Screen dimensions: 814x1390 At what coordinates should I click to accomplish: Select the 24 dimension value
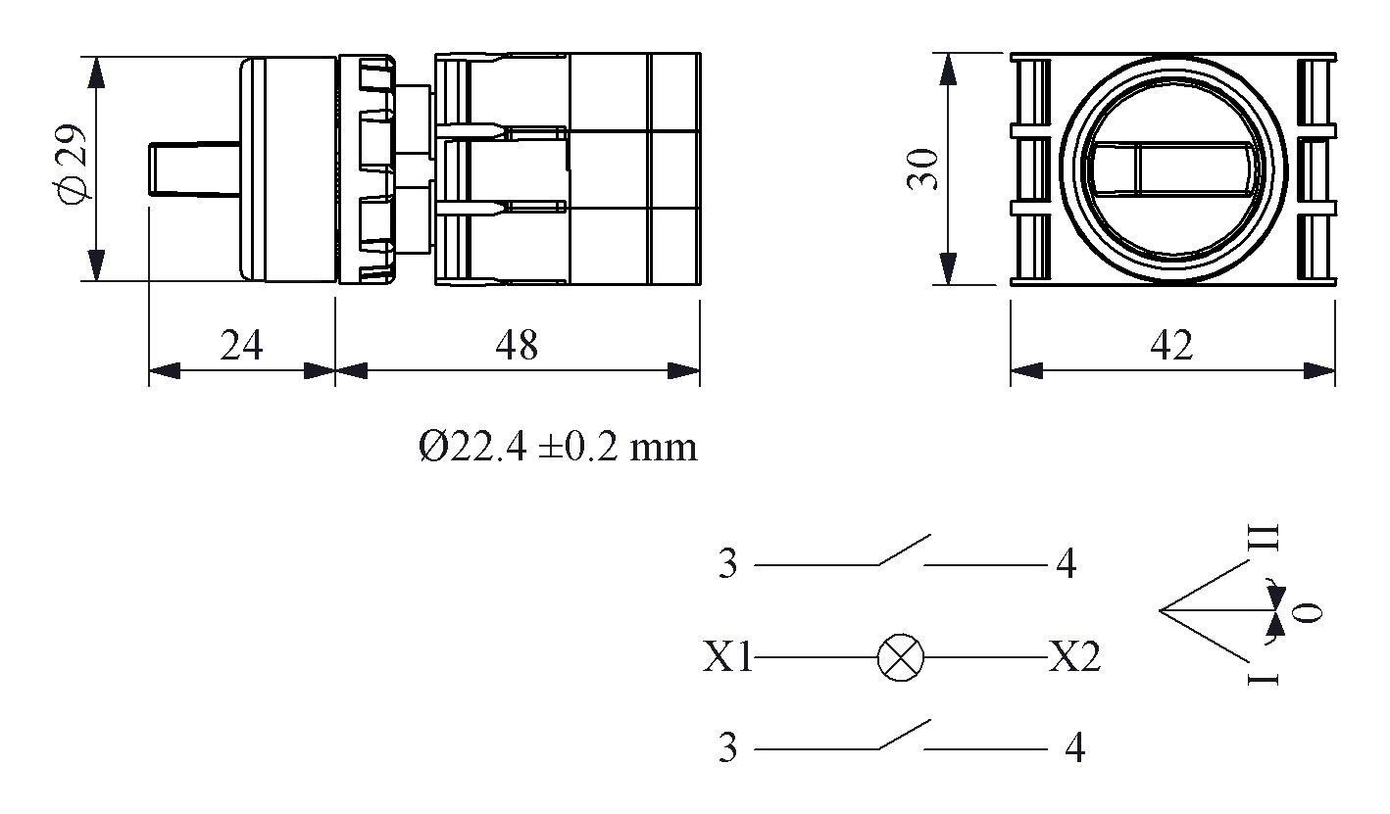point(241,345)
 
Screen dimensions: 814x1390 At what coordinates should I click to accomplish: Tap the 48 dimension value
point(517,345)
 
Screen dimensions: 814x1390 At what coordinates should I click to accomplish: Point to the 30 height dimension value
point(923,169)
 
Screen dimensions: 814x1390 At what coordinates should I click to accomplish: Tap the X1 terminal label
point(727,658)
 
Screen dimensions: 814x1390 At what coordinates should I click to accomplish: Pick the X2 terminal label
point(1074,658)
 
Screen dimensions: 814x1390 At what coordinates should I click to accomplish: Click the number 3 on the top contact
point(726,565)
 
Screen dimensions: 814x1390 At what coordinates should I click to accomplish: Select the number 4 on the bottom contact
point(1075,749)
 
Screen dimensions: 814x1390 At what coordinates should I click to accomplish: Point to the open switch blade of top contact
point(904,551)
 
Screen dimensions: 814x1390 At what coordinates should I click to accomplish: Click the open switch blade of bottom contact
point(904,736)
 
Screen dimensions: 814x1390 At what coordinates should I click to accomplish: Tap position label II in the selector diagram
point(1268,537)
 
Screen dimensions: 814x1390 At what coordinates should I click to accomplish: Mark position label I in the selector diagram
point(1266,678)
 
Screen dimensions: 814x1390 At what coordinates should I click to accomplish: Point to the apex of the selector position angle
point(1161,611)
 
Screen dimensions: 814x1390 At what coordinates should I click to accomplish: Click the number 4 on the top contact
point(1066,565)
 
